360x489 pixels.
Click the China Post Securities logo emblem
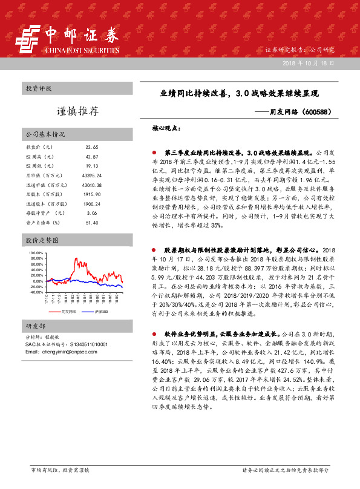pyautogui.click(x=26, y=42)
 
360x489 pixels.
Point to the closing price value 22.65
pyautogui.click(x=92, y=147)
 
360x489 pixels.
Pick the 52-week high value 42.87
pyautogui.click(x=92, y=157)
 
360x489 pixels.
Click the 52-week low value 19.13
pyautogui.click(x=92, y=166)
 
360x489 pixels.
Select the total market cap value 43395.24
pyautogui.click(x=93, y=175)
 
